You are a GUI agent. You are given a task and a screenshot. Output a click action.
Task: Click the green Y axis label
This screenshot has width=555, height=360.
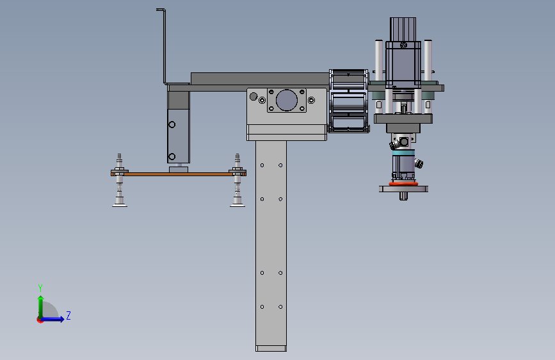[x=40, y=288]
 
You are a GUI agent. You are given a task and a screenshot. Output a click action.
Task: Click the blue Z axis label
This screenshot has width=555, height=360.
[x=68, y=315]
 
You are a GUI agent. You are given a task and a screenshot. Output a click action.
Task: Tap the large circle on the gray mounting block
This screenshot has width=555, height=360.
[x=286, y=100]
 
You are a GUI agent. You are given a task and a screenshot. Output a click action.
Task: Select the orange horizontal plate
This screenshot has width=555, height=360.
[x=179, y=174]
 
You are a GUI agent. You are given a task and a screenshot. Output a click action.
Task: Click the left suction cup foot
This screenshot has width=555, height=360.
[x=120, y=204]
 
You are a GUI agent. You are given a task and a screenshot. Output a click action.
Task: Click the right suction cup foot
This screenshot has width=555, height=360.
[x=237, y=204]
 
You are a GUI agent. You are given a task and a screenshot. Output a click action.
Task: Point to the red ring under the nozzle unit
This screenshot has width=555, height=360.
[x=403, y=184]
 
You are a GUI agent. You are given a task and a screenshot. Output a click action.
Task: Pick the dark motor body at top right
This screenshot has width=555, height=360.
[x=403, y=53]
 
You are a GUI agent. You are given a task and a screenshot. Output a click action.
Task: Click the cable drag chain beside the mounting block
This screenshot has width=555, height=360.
[x=349, y=101]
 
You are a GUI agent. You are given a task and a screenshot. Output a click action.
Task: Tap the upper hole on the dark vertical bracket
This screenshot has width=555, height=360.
[x=172, y=125]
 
